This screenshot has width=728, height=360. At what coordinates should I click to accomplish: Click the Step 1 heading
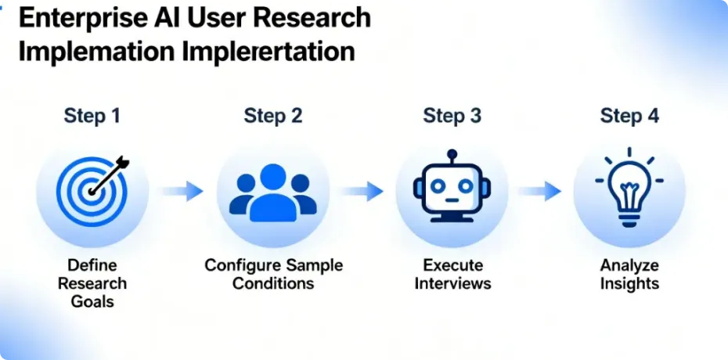point(92,117)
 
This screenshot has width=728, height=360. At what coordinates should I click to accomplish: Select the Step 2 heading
point(272,117)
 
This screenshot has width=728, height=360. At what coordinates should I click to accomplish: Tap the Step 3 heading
point(452,117)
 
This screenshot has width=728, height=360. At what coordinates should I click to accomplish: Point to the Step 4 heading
point(629,117)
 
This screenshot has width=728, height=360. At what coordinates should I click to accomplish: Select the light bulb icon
point(629,189)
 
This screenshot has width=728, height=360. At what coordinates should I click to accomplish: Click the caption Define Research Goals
point(92,283)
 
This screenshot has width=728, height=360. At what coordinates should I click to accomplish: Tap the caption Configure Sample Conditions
point(272,274)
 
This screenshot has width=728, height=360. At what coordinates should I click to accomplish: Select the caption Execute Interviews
point(452,274)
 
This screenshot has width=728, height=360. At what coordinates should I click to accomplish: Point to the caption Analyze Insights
point(629,274)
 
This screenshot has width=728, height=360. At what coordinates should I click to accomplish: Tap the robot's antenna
point(452,157)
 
